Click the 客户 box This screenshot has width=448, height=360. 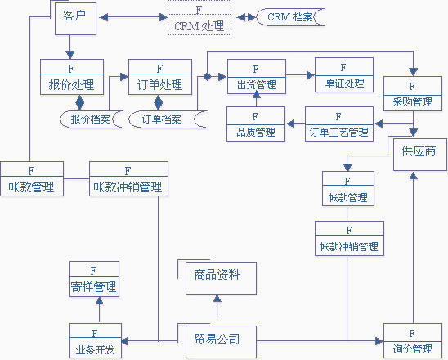pyautogui.click(x=75, y=19)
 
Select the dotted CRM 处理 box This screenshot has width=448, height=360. pyautogui.click(x=199, y=18)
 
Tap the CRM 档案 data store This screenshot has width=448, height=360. pyautogui.click(x=291, y=17)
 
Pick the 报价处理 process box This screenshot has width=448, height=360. pyautogui.click(x=72, y=77)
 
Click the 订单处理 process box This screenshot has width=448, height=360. pyautogui.click(x=160, y=77)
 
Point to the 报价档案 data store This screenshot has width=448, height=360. pyautogui.click(x=92, y=119)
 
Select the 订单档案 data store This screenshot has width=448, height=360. pyautogui.click(x=168, y=119)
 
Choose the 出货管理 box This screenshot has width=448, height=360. pyautogui.click(x=257, y=77)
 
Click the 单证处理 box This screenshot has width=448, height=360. pyautogui.click(x=344, y=75)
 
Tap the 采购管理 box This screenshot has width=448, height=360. pyautogui.click(x=413, y=93)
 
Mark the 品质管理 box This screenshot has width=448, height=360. pyautogui.click(x=256, y=124)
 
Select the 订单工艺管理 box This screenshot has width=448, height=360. pyautogui.click(x=339, y=124)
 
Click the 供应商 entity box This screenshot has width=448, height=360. pyautogui.click(x=420, y=155)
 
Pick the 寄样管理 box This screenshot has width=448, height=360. pyautogui.click(x=94, y=279)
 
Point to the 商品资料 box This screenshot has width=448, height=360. pyautogui.click(x=221, y=278)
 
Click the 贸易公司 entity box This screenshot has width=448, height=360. pyautogui.click(x=221, y=342)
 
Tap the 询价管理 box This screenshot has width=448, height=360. pyautogui.click(x=413, y=341)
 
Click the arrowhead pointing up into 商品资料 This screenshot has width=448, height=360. pyautogui.click(x=217, y=299)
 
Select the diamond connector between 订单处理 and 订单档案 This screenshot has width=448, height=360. pyautogui.click(x=158, y=102)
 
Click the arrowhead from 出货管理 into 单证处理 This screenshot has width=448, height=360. pyautogui.click(x=311, y=75)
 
